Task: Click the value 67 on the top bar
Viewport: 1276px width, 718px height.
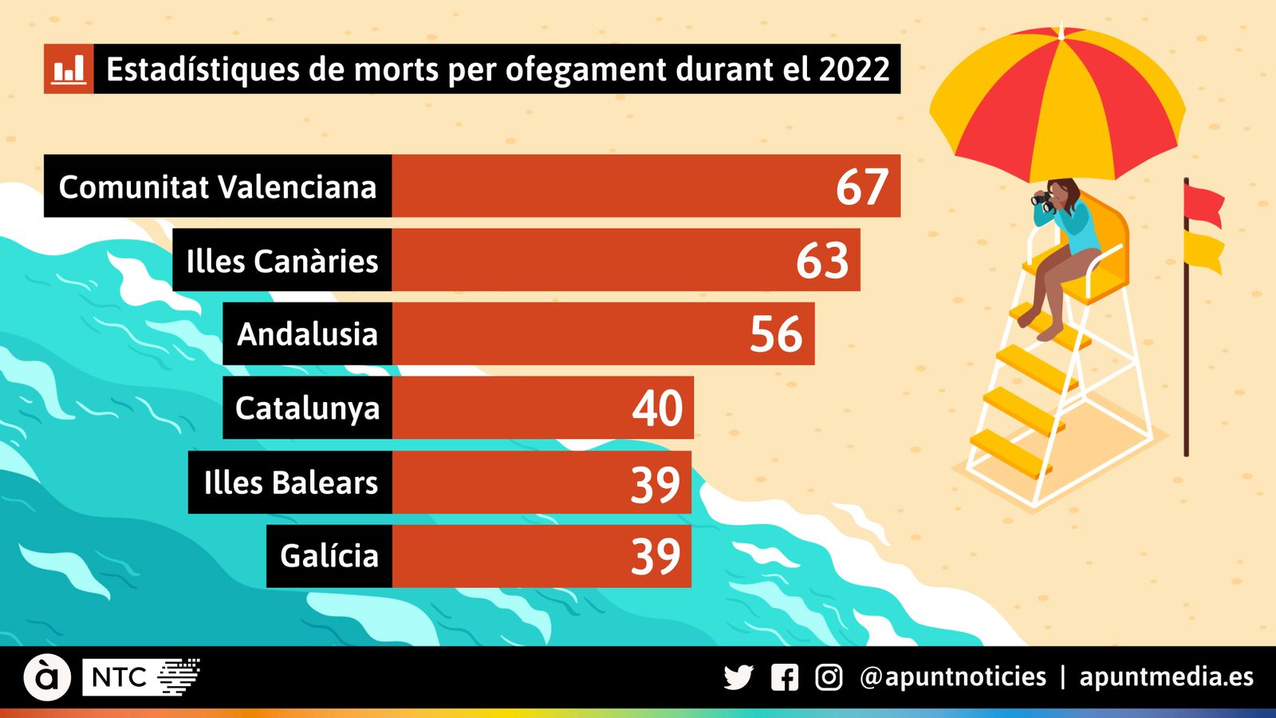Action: point(861,187)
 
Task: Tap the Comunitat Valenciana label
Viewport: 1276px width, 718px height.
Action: point(217,187)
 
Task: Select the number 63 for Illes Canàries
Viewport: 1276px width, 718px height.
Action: point(822,260)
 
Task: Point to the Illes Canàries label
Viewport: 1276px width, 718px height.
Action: point(282,261)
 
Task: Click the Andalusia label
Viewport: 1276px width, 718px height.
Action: point(307,334)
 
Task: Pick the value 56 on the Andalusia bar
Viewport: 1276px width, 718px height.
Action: point(776,334)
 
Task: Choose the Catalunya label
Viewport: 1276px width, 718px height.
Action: point(307,408)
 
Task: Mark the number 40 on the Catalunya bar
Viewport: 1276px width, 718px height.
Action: point(657,408)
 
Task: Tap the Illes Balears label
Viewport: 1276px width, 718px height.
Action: point(290,483)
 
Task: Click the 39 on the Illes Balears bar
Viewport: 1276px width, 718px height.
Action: point(656,483)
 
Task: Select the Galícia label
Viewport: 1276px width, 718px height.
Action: point(329,556)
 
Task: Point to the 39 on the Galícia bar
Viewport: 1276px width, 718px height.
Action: point(656,556)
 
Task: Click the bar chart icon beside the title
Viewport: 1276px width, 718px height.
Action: point(69,69)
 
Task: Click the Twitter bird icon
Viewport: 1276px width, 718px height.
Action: point(738,677)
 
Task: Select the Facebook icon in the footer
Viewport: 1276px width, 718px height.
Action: point(785,677)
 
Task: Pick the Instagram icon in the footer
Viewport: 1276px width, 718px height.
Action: point(829,677)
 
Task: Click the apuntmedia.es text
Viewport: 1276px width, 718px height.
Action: point(1166,677)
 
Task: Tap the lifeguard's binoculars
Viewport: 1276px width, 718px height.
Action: point(1042,199)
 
